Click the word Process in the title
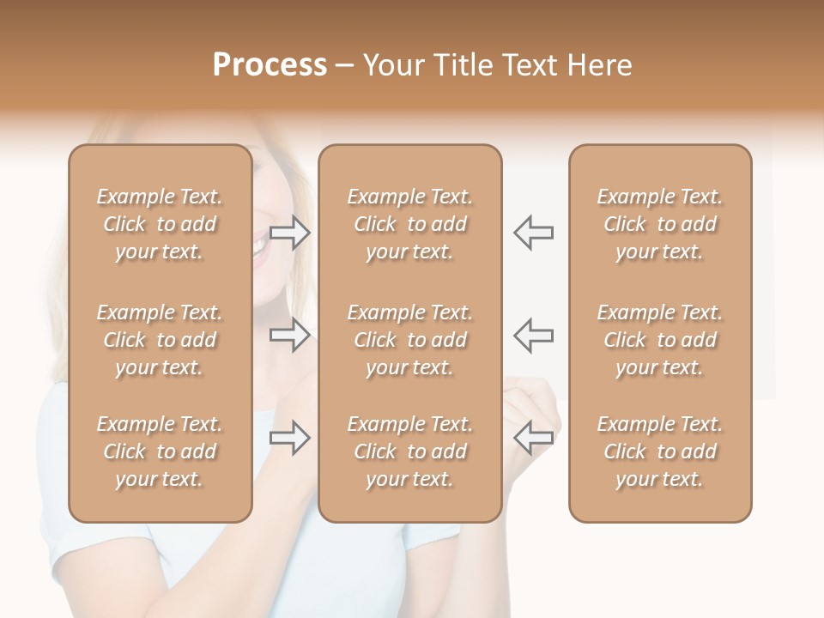[x=270, y=65]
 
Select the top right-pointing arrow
[x=290, y=233]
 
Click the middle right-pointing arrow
[x=290, y=335]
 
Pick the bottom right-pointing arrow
[x=290, y=438]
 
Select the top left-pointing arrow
[x=533, y=233]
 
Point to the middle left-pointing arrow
[x=533, y=335]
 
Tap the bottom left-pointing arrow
[x=533, y=438]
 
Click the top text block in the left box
[x=160, y=224]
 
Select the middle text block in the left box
[x=160, y=340]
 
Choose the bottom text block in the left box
[x=160, y=451]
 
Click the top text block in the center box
[x=410, y=224]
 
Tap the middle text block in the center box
[x=410, y=340]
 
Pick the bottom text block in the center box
[x=410, y=451]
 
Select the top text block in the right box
[x=660, y=224]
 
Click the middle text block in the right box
[x=660, y=340]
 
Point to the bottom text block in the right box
[x=660, y=451]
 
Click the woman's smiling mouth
[x=259, y=245]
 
